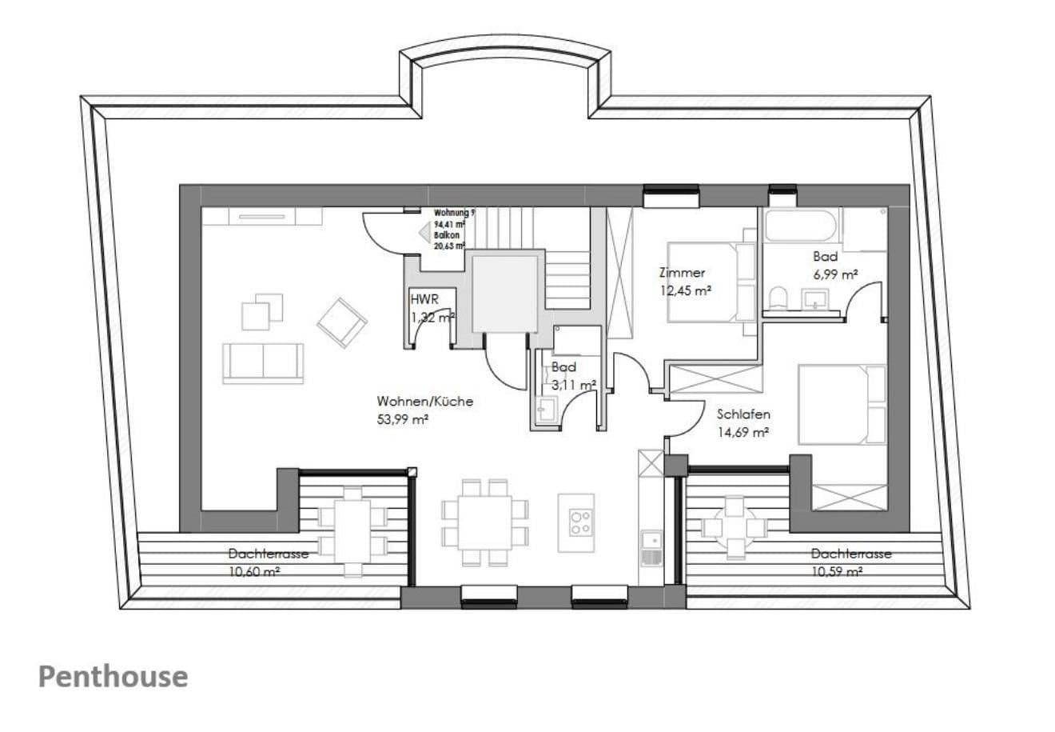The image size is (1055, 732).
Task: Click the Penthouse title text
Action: click(113, 677)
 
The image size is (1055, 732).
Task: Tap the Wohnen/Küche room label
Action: click(424, 402)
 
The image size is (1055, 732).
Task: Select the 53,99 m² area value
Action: click(403, 418)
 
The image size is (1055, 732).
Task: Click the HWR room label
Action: click(423, 300)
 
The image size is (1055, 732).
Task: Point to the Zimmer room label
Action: click(682, 273)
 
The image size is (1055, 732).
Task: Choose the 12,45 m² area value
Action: click(686, 291)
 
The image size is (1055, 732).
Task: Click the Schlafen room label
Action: click(742, 414)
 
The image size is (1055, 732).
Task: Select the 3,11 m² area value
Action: click(573, 385)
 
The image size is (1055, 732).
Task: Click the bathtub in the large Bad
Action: click(800, 226)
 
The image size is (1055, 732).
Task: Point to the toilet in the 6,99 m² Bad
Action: click(777, 299)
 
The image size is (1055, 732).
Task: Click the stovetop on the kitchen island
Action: click(580, 522)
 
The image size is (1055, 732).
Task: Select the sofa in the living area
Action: click(263, 363)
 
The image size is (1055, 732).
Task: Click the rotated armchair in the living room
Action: click(342, 322)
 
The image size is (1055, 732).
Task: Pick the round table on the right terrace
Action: click(733, 526)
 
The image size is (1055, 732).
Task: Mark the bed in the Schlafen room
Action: click(842, 404)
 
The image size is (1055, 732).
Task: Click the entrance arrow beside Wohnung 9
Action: click(424, 232)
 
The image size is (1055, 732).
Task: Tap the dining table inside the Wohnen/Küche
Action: click(485, 522)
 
